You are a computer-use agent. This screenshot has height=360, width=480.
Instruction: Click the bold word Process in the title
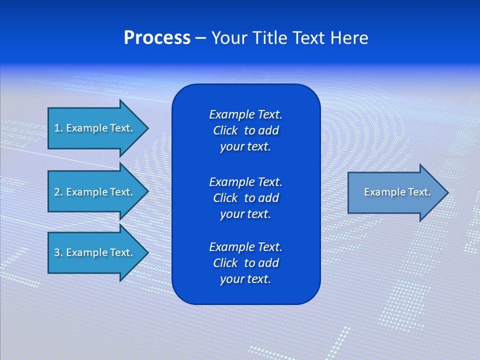[x=157, y=38]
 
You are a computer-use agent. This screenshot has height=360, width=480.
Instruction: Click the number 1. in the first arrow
[x=58, y=128]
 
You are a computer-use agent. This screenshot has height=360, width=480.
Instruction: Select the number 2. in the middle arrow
[x=58, y=192]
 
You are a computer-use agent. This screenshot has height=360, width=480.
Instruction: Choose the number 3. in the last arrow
[x=58, y=252]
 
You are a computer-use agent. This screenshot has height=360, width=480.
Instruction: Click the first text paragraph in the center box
[x=245, y=130]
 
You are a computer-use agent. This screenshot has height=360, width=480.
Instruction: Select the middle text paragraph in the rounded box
[x=245, y=198]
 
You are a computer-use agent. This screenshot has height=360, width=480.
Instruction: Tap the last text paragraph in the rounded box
[x=245, y=263]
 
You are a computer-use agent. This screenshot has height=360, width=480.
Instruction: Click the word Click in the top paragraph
[x=225, y=130]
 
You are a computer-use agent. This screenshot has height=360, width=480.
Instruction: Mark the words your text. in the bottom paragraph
[x=245, y=279]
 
